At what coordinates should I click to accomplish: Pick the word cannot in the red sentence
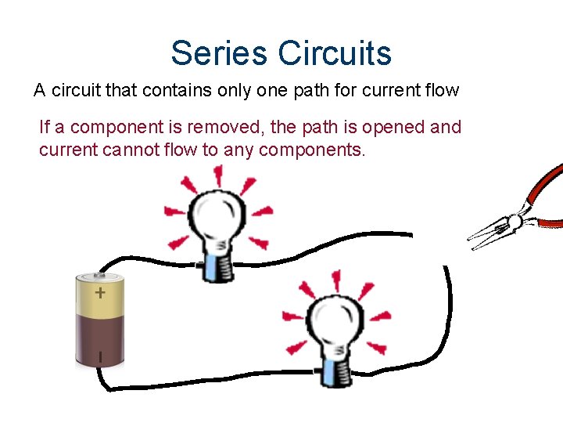pos(131,149)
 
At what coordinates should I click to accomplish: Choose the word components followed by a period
pos(317,149)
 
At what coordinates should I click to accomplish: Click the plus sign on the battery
pos(100,294)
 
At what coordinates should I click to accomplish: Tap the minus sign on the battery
pos(99,357)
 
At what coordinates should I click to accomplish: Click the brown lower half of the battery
pos(100,341)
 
